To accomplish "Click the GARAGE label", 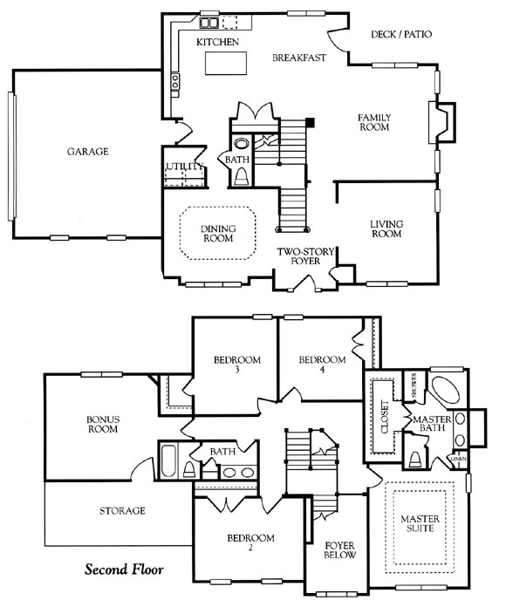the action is point(88,152).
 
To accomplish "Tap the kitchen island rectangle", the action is point(226,63).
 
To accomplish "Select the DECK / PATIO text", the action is point(401,34).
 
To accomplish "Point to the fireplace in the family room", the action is point(441,123).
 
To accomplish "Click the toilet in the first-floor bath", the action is point(242,177).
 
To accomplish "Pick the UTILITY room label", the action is point(185,167).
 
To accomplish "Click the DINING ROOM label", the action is point(218,234).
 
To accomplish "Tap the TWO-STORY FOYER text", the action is point(305,256).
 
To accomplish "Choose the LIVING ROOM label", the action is point(386,228).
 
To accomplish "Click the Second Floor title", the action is point(124,569).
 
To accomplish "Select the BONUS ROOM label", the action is point(103,424).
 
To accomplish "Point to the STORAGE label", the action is point(122,511).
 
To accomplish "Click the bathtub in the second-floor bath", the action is point(168,461).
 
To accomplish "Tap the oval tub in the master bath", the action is point(446,390).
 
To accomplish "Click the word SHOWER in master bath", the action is point(414,385).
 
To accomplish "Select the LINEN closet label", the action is point(459,459).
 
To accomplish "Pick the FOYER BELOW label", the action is point(339,550).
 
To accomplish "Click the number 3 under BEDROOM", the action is point(237,369).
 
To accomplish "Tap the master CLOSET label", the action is point(385,417).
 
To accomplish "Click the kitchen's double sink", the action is point(209,23).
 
